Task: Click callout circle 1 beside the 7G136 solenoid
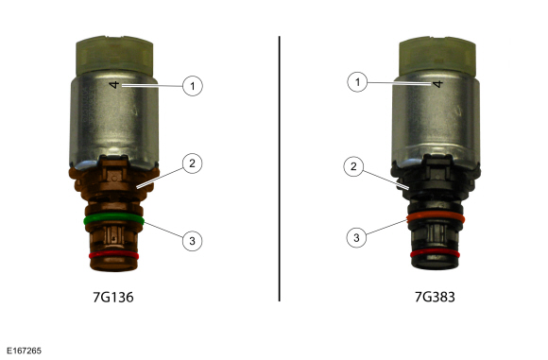[x=193, y=86]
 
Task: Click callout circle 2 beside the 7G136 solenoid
[x=192, y=163]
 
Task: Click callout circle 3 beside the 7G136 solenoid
[x=192, y=240]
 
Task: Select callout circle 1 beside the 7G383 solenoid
[x=357, y=82]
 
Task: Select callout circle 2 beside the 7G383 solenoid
[x=353, y=166]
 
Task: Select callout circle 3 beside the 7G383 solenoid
[x=356, y=238]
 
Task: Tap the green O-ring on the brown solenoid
[x=114, y=219]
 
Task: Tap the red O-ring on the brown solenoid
[x=114, y=255]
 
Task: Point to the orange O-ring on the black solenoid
[x=436, y=217]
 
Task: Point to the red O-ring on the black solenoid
[x=436, y=253]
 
